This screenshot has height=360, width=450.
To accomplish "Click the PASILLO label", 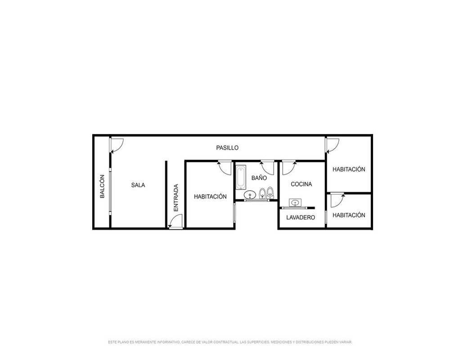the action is click(x=227, y=148).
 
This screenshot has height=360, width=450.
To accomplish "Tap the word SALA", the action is click(x=138, y=185).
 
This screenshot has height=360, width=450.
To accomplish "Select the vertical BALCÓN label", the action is click(x=102, y=187).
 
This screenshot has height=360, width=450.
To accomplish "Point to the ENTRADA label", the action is click(x=176, y=198).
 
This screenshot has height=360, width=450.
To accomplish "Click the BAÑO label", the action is click(x=259, y=178).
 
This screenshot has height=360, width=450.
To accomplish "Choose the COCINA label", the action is click(x=301, y=184).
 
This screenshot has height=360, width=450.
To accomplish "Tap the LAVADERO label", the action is click(x=301, y=218).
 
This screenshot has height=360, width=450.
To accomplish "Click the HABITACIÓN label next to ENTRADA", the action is click(x=210, y=197).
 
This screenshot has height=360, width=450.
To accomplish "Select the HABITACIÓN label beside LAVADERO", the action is click(x=349, y=215).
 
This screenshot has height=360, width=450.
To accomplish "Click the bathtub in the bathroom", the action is click(x=241, y=177).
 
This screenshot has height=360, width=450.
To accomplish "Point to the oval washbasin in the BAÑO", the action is click(x=249, y=195).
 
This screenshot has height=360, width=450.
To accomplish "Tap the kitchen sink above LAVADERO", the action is click(x=295, y=202).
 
